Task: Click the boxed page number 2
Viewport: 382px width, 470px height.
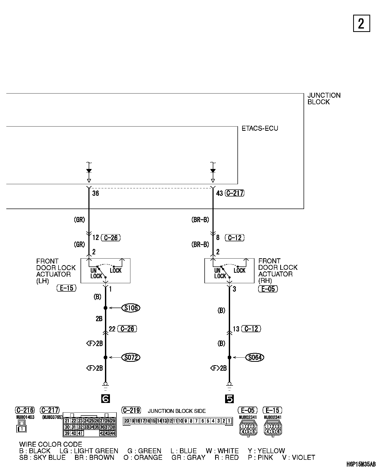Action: click(361, 24)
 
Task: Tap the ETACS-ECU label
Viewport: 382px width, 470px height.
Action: click(260, 128)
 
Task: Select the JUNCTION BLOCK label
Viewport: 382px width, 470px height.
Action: click(324, 99)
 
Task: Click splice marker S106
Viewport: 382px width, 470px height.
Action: click(131, 308)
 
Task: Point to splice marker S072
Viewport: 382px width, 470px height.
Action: click(131, 357)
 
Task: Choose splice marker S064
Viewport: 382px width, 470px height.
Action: click(255, 357)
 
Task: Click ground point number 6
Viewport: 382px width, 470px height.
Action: click(105, 399)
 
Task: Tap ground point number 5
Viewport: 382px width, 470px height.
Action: click(229, 399)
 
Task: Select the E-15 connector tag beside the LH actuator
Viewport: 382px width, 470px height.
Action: click(66, 288)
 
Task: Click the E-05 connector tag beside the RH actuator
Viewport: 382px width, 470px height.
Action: click(268, 289)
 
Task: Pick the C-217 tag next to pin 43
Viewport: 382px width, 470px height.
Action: click(235, 193)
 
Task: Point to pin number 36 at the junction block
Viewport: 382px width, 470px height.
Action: click(95, 194)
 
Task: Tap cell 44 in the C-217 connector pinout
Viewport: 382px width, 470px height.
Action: click(113, 433)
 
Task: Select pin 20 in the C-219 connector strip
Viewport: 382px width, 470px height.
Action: click(127, 421)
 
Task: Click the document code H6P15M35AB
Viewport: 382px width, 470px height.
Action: click(361, 464)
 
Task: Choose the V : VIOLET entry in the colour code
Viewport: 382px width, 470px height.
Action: click(299, 457)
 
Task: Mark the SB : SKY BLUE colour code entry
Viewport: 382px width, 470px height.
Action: click(42, 457)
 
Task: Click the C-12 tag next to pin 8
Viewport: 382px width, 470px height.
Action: click(235, 238)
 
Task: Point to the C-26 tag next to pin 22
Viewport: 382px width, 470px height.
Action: click(128, 329)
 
